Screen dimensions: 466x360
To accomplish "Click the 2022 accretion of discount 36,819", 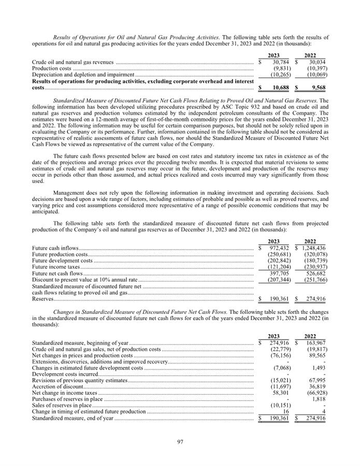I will click(317, 386).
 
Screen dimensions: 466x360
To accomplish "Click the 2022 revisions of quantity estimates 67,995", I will click(317, 380).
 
